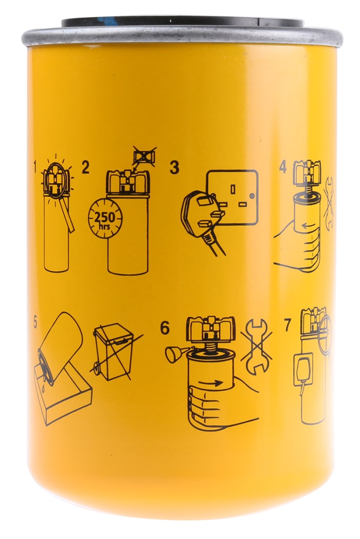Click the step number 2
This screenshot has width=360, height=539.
tap(85, 167)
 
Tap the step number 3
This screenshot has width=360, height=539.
tap(174, 168)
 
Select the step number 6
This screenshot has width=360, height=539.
tap(165, 328)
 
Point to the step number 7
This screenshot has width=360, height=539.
tap(287, 325)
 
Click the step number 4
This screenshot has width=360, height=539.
tap(283, 167)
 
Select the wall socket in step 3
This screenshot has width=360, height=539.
tap(232, 197)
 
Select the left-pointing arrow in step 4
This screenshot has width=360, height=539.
tap(309, 226)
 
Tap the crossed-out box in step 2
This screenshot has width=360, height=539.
tap(144, 157)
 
